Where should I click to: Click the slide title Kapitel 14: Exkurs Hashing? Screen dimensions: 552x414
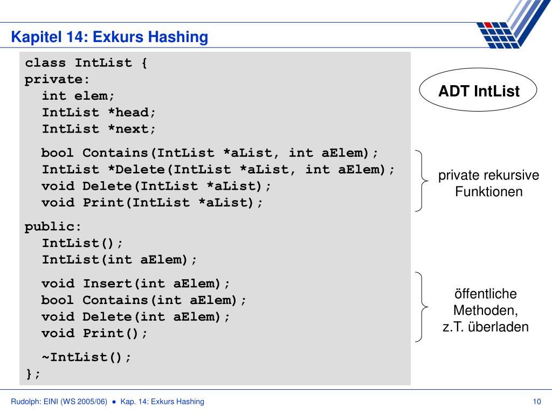click(110, 37)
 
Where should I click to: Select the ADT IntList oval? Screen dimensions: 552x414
click(479, 91)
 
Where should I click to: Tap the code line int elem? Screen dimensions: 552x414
click(78, 96)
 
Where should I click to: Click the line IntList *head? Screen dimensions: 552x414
click(99, 113)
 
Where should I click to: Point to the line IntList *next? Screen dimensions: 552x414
click(99, 129)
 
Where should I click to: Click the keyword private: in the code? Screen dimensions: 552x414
click(57, 79)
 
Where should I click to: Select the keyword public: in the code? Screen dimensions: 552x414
click(53, 226)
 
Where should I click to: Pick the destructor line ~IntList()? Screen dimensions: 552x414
click(86, 357)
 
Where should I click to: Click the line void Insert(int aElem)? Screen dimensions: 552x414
click(136, 284)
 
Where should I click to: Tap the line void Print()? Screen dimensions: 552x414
click(94, 333)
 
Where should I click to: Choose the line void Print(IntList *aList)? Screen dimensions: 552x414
click(153, 203)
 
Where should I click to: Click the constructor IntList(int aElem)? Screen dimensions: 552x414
click(120, 259)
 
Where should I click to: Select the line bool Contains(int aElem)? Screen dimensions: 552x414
click(144, 300)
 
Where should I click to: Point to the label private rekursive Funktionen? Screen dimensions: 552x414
click(488, 183)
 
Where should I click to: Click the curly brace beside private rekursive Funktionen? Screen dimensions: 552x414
click(421, 180)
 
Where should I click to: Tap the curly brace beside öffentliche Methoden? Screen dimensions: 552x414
click(421, 307)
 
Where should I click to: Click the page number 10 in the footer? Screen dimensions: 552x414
click(536, 401)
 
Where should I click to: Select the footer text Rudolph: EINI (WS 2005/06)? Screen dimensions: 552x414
click(59, 401)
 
